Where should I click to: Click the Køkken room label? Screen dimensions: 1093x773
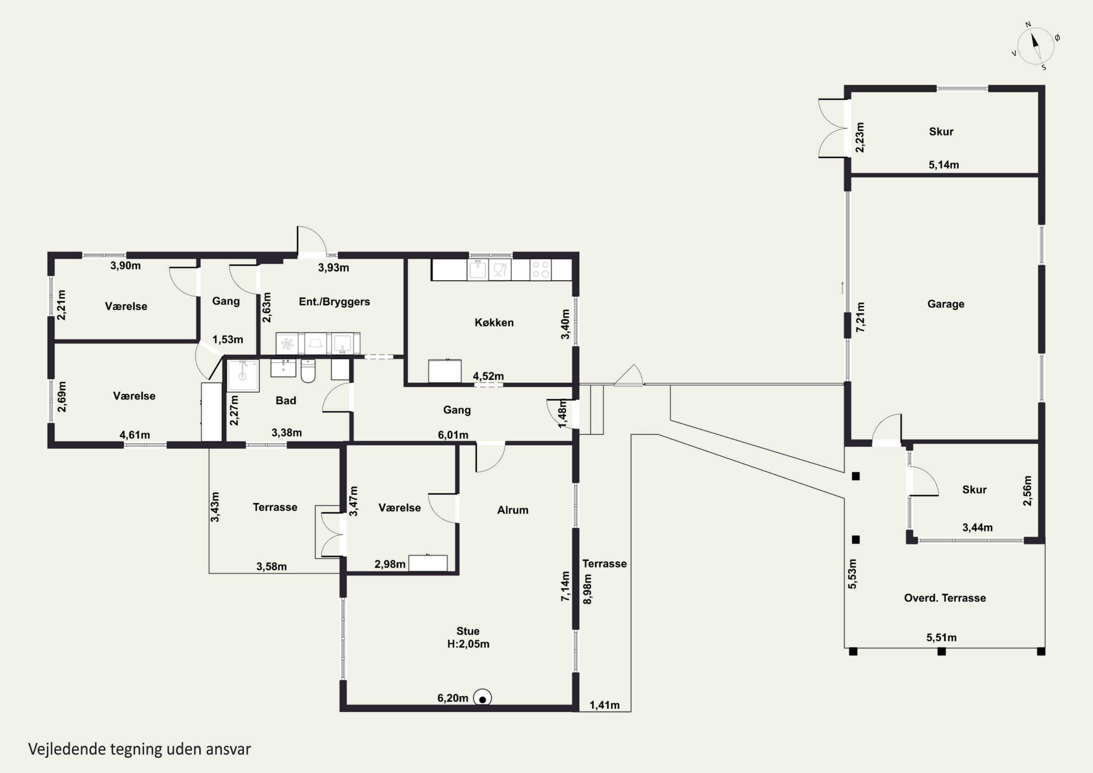pyautogui.click(x=494, y=323)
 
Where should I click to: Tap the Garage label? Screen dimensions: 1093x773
pyautogui.click(x=945, y=304)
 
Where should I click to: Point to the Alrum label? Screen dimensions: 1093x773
pyautogui.click(x=513, y=510)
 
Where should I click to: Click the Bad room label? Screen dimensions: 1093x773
pyautogui.click(x=286, y=401)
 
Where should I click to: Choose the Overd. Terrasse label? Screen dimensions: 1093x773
pyautogui.click(x=945, y=598)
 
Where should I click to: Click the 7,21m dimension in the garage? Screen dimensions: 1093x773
pyautogui.click(x=860, y=317)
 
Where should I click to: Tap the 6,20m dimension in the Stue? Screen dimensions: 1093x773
pyautogui.click(x=453, y=698)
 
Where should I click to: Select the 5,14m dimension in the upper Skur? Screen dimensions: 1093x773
pyautogui.click(x=944, y=165)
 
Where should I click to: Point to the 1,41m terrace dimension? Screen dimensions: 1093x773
pyautogui.click(x=604, y=705)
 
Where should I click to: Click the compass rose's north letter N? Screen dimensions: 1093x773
pyautogui.click(x=1028, y=25)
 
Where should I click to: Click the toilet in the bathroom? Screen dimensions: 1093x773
pyautogui.click(x=308, y=371)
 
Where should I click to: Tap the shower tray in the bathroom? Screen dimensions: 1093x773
pyautogui.click(x=243, y=375)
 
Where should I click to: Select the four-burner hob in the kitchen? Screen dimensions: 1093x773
pyautogui.click(x=541, y=270)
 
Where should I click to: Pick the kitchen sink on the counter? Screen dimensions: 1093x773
pyautogui.click(x=478, y=270)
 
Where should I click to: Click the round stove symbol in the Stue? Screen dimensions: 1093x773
pyautogui.click(x=483, y=699)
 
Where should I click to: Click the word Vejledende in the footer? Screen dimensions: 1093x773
pyautogui.click(x=67, y=749)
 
